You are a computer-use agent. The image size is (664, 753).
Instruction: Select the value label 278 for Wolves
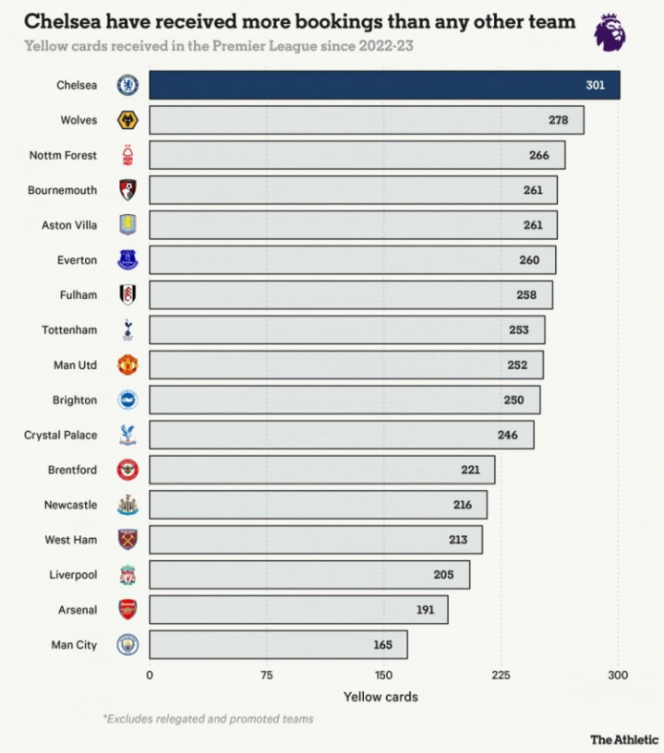point(557,120)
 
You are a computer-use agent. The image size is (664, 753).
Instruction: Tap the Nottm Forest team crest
point(127,155)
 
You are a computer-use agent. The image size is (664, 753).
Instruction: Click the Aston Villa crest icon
point(127,225)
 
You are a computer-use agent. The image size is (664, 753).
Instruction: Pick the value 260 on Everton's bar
point(529,260)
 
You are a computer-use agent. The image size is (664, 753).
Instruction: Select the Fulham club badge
point(127,295)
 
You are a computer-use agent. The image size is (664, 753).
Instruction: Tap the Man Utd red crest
point(127,365)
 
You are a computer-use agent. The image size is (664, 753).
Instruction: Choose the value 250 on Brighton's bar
point(513,400)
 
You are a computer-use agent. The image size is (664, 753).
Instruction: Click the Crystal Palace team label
point(60,435)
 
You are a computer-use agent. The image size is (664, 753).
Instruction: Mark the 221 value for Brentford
point(470,470)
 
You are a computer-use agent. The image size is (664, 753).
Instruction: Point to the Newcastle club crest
point(127,505)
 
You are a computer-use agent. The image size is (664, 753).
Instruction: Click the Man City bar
point(277,645)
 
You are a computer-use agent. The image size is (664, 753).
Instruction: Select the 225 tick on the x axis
point(501,675)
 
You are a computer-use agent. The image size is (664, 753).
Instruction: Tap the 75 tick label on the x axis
point(267,675)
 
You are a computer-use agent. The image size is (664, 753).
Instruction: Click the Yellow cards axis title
point(380,697)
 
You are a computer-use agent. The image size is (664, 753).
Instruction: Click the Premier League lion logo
point(609,32)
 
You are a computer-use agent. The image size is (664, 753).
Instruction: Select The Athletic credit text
point(624,739)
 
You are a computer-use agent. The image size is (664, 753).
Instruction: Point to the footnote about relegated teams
point(208,719)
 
